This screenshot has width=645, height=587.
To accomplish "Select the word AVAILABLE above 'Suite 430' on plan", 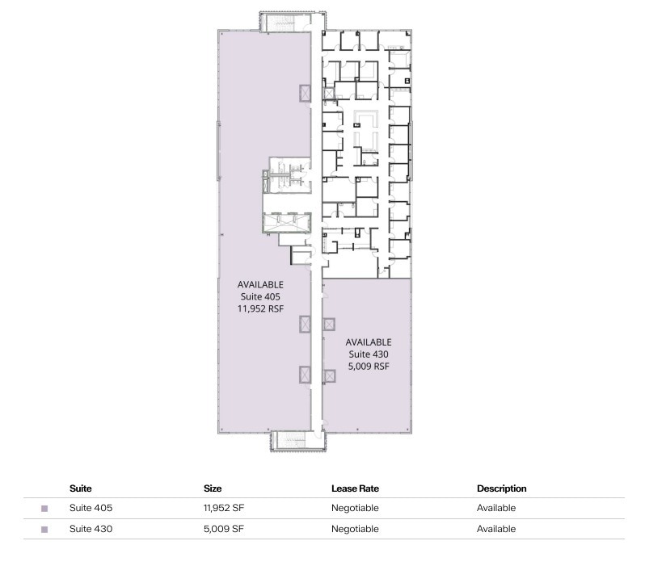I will coord(368,342).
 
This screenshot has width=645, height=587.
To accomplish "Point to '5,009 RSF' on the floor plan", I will coord(368,366).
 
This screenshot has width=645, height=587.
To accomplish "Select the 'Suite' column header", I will coord(80,488).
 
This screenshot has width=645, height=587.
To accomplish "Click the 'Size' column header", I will coord(212,488).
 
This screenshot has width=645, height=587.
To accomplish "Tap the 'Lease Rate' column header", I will coord(355,488).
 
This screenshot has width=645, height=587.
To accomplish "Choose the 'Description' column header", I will coord(501,488).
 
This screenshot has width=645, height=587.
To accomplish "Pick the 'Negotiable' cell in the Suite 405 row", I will coord(355,509).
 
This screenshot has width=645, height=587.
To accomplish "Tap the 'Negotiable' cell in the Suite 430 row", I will coord(355,529).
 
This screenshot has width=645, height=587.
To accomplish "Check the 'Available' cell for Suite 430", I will coord(495,529).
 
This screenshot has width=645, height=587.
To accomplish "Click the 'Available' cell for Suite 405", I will coord(495,509).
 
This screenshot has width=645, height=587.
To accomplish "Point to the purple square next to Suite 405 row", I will coord(44,509).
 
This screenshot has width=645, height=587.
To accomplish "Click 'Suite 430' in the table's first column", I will coord(91,529).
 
